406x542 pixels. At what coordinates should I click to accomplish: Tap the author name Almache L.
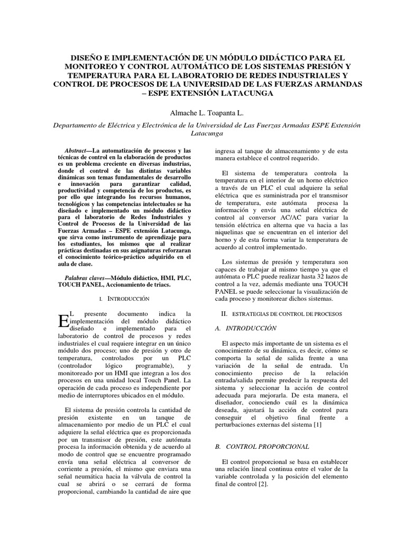pyautogui.click(x=182, y=114)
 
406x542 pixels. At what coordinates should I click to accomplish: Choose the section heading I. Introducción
pyautogui.click(x=125, y=299)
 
